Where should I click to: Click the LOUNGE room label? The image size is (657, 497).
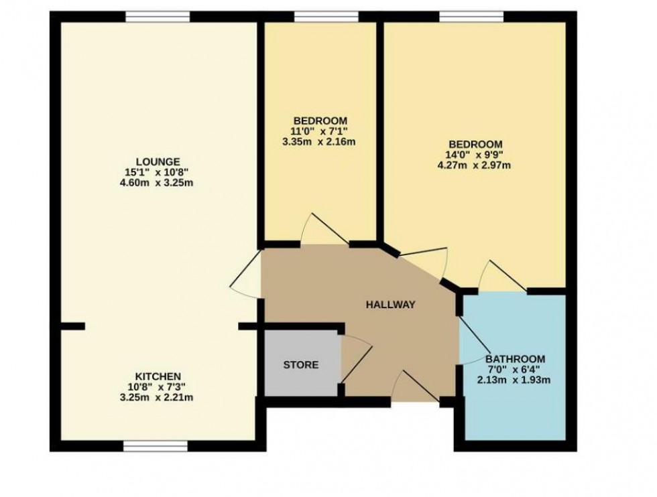coord(158,161)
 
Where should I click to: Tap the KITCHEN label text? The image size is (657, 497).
coord(158,376)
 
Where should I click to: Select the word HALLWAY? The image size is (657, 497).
coord(390,305)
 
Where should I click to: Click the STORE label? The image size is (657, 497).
coord(300,365)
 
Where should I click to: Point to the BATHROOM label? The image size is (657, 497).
coord(515,358)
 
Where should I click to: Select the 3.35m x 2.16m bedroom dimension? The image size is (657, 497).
coord(318,141)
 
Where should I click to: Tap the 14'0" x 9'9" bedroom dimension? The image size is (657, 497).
coord(475,155)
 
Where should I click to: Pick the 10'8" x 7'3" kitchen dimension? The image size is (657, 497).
coord(158,386)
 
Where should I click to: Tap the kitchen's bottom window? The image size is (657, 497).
coord(156,445)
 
